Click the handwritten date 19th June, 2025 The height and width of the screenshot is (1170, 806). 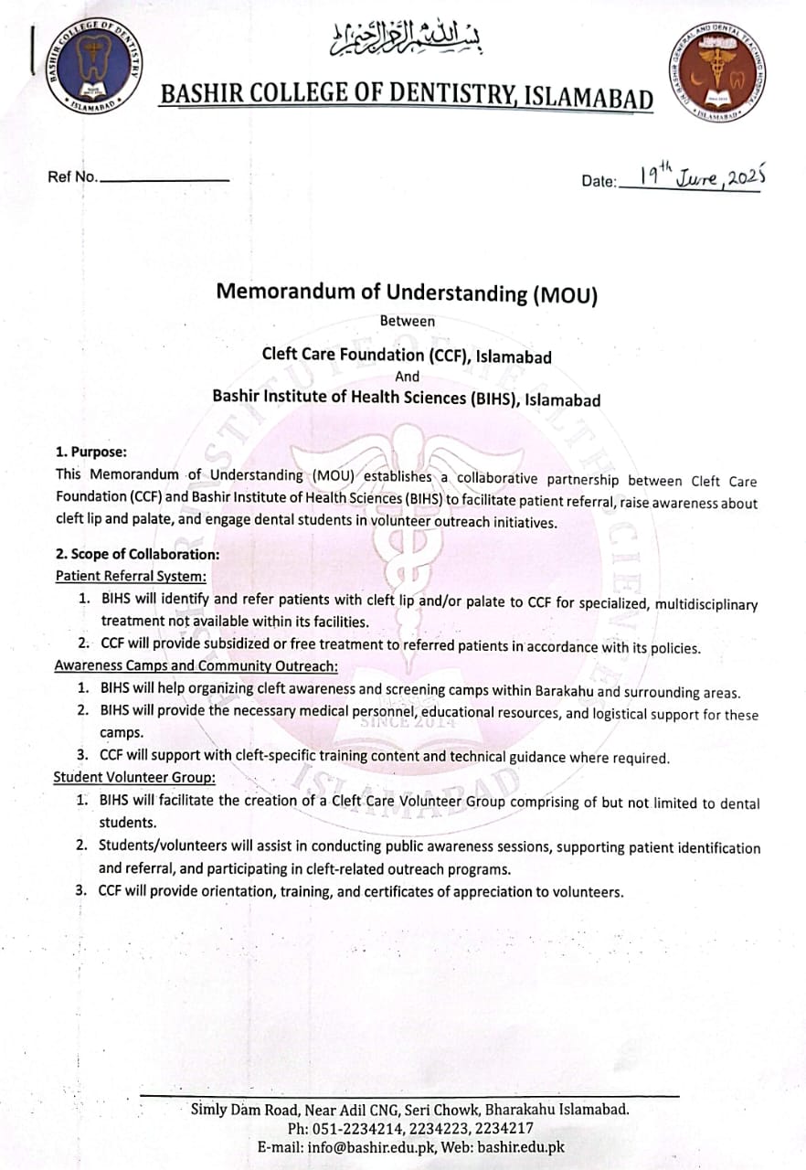[x=701, y=175]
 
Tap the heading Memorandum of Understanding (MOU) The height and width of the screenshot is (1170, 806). [x=407, y=292]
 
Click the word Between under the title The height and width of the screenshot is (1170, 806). [x=408, y=321]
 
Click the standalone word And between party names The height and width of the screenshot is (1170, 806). [x=408, y=377]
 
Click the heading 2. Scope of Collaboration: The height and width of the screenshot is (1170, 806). [x=137, y=554]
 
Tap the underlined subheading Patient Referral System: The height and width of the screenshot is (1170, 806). [x=131, y=576]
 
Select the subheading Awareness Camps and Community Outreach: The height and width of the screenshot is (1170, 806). [x=196, y=665]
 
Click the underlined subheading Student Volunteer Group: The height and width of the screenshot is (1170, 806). [x=134, y=778]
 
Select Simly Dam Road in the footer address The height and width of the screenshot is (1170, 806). [x=239, y=1110]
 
